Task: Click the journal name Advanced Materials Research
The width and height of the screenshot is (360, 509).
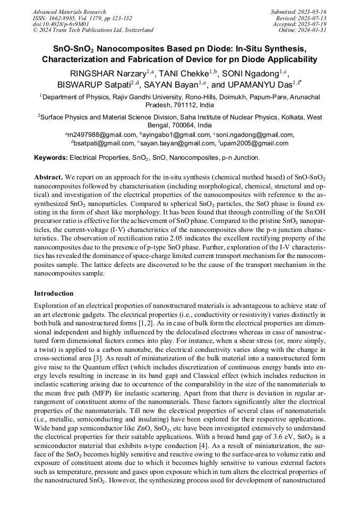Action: [70, 12]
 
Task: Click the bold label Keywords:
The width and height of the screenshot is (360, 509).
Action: [50, 158]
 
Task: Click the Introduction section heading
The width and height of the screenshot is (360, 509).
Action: [54, 294]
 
